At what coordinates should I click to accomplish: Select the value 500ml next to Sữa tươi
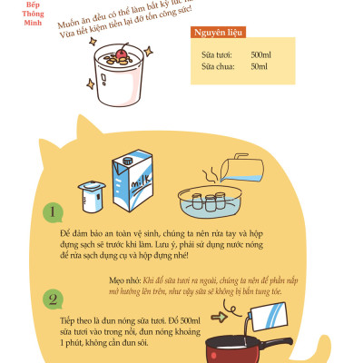tap(260, 54)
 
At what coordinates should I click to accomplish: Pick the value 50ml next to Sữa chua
tap(259, 66)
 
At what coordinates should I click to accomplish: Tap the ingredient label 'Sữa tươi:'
tap(215, 54)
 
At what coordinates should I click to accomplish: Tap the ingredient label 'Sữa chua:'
tap(216, 66)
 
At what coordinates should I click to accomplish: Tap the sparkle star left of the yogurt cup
tap(79, 55)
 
